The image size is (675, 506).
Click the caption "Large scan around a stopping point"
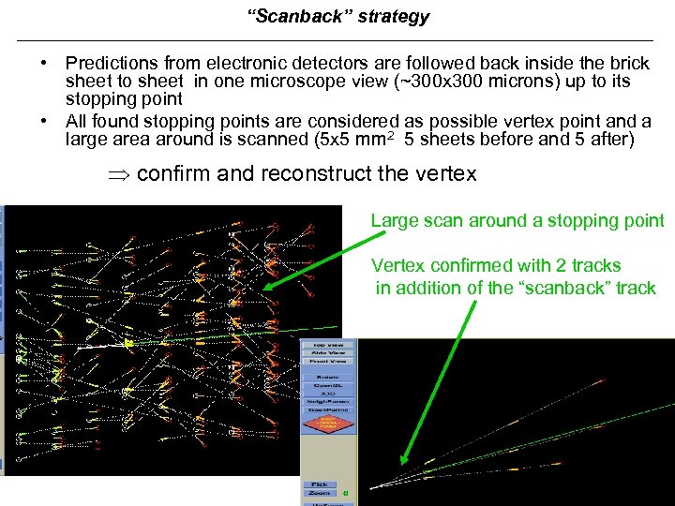tap(517, 221)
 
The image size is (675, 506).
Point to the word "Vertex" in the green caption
tap(397, 265)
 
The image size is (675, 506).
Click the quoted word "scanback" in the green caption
tap(560, 288)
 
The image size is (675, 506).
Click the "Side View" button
tap(327, 352)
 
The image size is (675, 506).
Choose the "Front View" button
tap(327, 362)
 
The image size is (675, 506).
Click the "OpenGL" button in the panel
tap(327, 385)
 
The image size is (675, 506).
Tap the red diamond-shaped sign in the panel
tap(328, 424)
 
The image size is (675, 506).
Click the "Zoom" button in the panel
tap(320, 492)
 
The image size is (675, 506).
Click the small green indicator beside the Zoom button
tap(345, 492)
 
